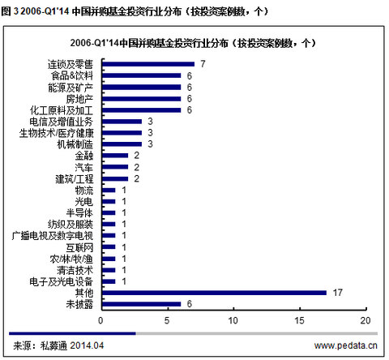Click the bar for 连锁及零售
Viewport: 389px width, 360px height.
147,63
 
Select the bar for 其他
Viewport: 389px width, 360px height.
213,293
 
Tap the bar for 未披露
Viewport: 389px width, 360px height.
140,304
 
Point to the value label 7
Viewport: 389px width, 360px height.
203,63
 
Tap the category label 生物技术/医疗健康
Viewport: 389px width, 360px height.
57,132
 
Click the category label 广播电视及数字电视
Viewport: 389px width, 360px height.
53,235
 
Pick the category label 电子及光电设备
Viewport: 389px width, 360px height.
59,281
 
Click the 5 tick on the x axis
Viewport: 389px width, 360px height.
167,322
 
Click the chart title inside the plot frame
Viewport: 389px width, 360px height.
194,42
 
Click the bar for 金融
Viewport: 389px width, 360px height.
114,155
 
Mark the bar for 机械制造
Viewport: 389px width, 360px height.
121,144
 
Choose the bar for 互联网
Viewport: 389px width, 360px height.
107,246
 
